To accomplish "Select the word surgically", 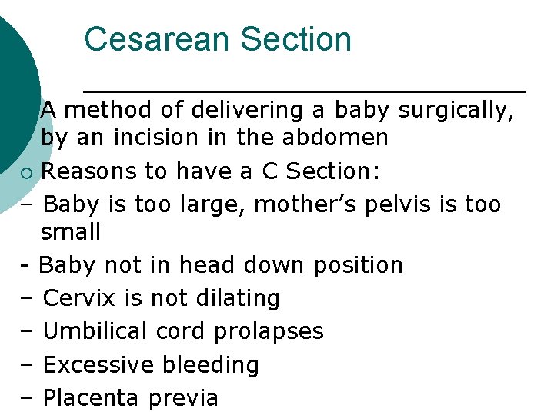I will coord(456,111).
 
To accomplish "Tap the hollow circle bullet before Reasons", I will coord(28,172).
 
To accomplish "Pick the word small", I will coord(71,231).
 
